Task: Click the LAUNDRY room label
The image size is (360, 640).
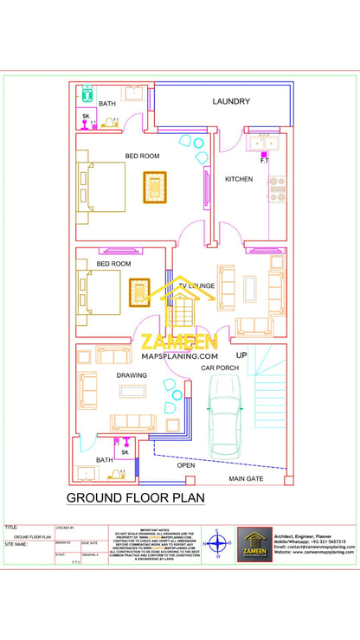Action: tap(231, 102)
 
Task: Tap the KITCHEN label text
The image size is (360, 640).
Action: tap(239, 179)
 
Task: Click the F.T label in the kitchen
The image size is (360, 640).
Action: tap(264, 161)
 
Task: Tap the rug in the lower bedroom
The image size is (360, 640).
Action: tap(139, 291)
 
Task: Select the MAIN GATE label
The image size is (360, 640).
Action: tap(247, 477)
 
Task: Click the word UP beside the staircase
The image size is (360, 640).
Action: tap(241, 355)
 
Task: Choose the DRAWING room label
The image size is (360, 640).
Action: tap(132, 375)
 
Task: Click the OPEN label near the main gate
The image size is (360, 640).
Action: tap(186, 465)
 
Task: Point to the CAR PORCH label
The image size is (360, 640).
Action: tap(220, 368)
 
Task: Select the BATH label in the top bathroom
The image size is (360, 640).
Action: tap(106, 104)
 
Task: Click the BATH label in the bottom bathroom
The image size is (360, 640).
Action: tap(104, 460)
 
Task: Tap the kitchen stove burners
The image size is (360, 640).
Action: tap(277, 189)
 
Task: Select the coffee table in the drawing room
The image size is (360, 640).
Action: tap(132, 392)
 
